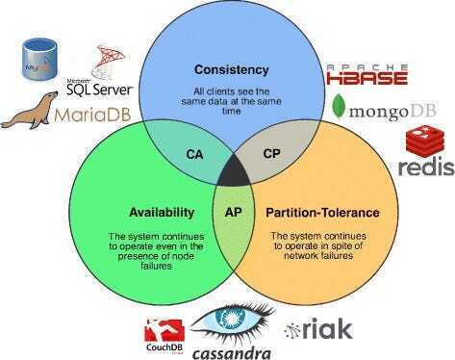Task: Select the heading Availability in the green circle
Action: [x=163, y=212]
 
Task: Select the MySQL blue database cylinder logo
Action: [x=40, y=59]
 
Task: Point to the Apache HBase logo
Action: [x=367, y=72]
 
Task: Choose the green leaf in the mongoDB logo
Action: [x=339, y=107]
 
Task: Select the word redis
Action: [x=425, y=168]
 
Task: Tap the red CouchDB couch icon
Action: [x=158, y=328]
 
